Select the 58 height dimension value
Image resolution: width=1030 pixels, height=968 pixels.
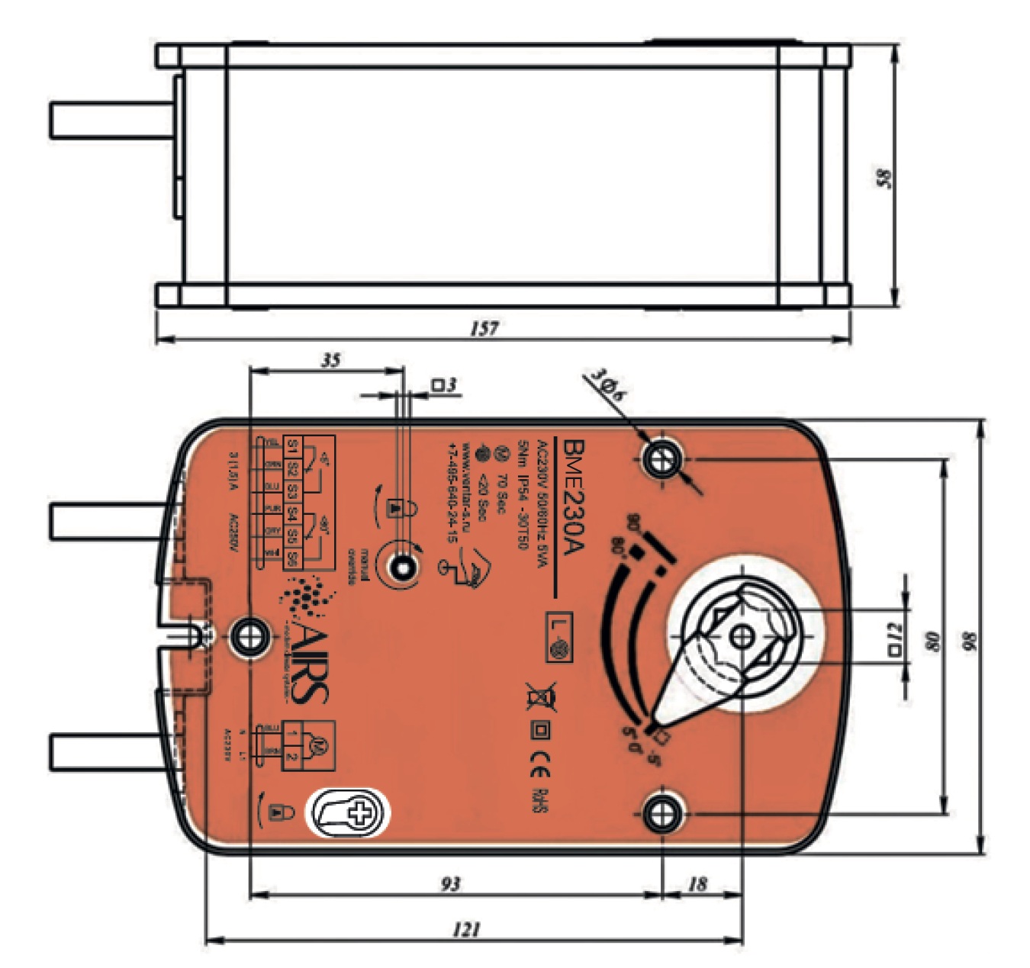click(885, 178)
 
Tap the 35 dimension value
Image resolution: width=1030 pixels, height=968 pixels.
click(330, 360)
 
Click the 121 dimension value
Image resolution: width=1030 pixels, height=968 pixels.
click(466, 929)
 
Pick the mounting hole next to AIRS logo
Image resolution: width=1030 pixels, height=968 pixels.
click(248, 635)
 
